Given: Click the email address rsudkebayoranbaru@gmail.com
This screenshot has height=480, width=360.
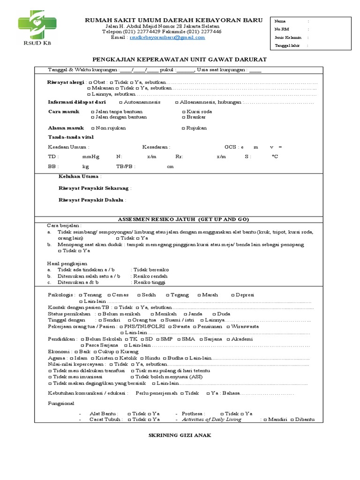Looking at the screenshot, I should (x=167, y=37).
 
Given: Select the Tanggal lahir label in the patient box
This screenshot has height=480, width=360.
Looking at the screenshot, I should (x=287, y=45).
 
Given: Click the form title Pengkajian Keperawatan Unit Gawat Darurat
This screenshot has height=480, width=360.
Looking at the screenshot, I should (x=180, y=60).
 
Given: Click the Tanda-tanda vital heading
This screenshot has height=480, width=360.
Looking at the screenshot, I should (x=71, y=137).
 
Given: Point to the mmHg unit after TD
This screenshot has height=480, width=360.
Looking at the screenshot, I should (x=90, y=157).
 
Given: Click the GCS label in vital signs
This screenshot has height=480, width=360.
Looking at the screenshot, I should (x=231, y=147).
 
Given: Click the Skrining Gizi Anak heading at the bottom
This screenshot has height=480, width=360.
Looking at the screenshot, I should (x=180, y=435).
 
